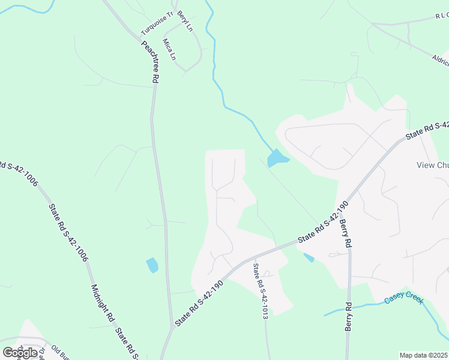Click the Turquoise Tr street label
point(157,23)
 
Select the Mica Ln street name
point(169,49)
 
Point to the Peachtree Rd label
point(150,61)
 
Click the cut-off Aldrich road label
point(440,58)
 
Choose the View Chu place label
point(432,166)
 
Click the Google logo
point(20,352)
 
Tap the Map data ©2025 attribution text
point(424,355)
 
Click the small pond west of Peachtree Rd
point(152,265)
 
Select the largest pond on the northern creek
point(277,158)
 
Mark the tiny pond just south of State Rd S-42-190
point(309,257)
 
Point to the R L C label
point(438,16)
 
